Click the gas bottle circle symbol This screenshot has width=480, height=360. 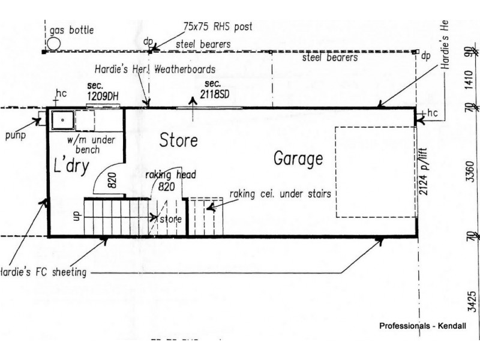(x=54, y=43)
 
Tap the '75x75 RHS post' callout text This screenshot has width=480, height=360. (x=218, y=26)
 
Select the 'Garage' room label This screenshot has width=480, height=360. (x=298, y=159)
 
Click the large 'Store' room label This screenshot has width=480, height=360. (x=178, y=141)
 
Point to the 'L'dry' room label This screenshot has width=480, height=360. (x=73, y=166)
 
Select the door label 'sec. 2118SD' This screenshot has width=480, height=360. (x=217, y=90)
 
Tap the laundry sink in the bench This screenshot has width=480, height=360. (x=62, y=121)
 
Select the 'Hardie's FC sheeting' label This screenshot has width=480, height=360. (x=43, y=272)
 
